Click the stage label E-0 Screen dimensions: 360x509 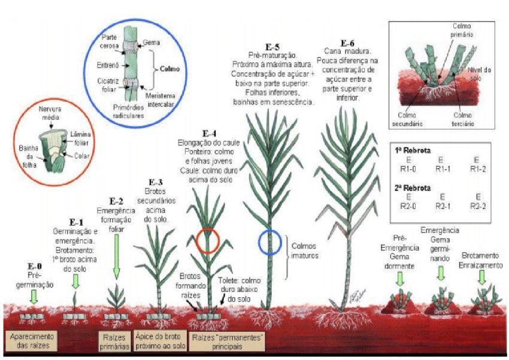point(35,265)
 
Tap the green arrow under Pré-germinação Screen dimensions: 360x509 point(34,296)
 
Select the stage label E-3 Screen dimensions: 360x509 point(156,181)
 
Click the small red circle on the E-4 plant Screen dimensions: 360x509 point(208,240)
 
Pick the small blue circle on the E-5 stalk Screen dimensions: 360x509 point(270,242)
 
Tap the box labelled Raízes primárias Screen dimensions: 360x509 point(115,341)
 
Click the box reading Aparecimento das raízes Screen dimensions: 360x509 point(31,341)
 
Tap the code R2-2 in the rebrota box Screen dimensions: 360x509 point(477,205)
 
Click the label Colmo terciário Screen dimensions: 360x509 point(463,119)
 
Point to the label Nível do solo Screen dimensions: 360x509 point(479,74)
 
